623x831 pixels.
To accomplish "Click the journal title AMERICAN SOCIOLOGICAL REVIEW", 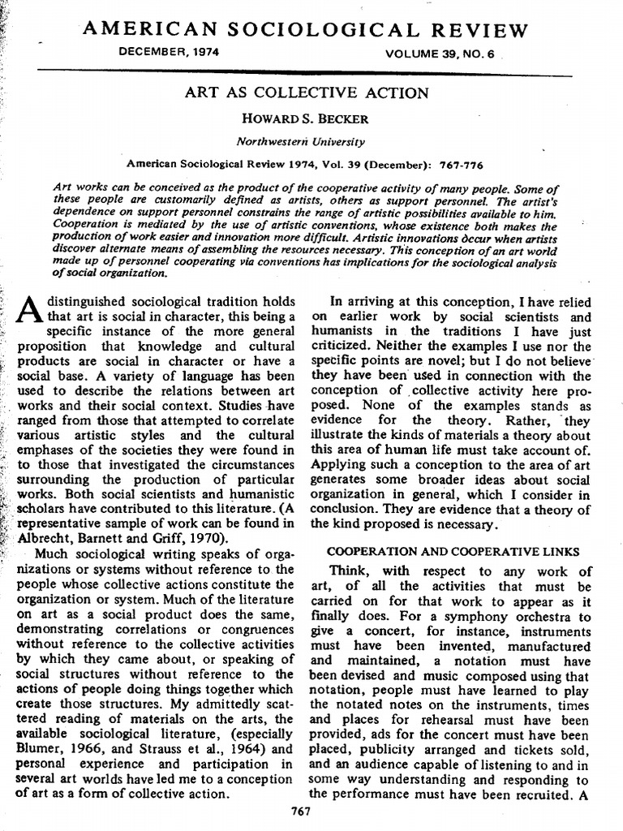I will [x=306, y=30].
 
